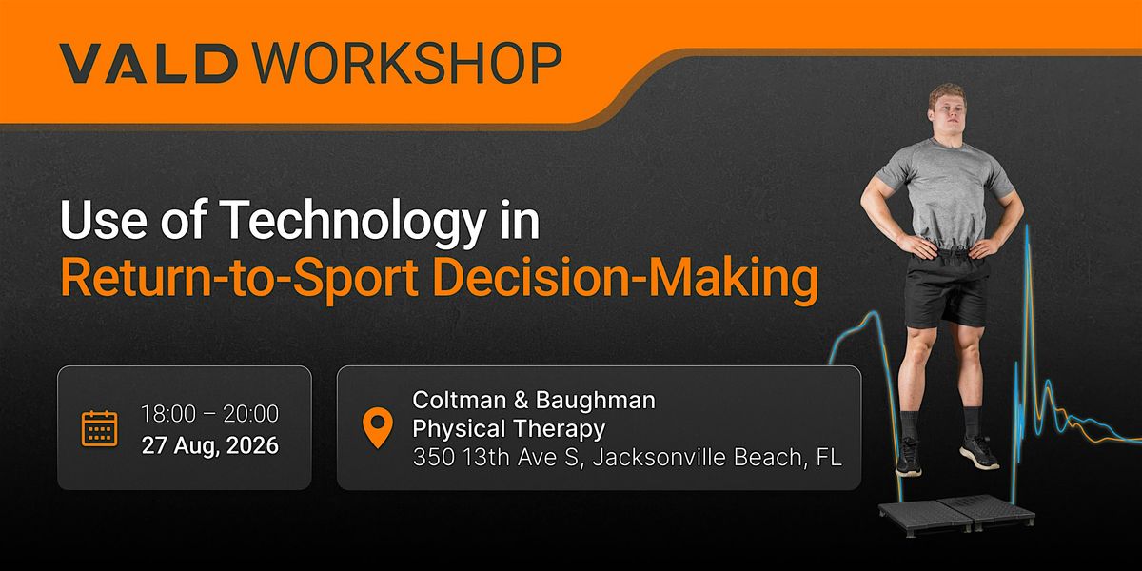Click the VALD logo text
tap(148, 63)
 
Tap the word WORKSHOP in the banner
tap(407, 63)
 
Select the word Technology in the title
tap(354, 221)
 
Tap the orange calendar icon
tap(99, 428)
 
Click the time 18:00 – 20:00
tap(209, 414)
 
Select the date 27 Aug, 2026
tap(210, 445)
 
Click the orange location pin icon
tap(377, 428)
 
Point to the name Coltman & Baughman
tap(534, 400)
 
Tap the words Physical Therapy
tap(509, 428)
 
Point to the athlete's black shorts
tap(946, 288)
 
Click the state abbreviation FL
tap(829, 457)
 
